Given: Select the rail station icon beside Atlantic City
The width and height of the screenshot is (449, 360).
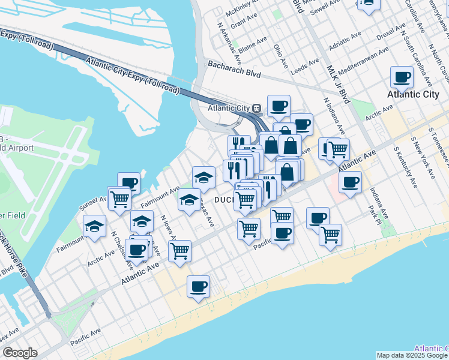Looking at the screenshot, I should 256,108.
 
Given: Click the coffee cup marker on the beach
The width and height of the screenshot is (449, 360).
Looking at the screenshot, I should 198,287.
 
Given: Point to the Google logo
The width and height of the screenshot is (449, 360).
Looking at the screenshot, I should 20,353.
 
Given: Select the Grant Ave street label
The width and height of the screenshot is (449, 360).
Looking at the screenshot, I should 244,21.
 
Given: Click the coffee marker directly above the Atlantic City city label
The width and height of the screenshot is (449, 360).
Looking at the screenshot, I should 402,77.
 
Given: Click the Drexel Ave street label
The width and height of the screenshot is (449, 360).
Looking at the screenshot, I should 392,31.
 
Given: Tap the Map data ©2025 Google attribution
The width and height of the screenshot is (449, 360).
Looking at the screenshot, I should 412,355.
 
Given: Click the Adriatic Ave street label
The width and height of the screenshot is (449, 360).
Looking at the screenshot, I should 348,44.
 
